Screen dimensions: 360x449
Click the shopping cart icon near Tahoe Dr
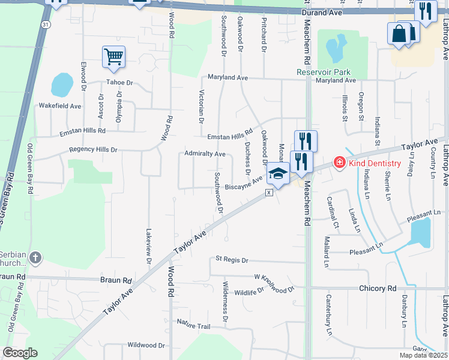coord(113,57)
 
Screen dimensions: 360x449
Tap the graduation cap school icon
coord(278,174)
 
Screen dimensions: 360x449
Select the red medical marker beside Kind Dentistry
coord(339,163)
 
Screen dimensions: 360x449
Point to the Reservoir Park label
coord(323,72)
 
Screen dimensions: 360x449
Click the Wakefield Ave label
coord(60,106)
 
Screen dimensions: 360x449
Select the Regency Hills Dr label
coord(93,149)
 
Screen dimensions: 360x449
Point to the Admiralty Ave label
coord(205,154)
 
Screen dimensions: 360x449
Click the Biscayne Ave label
coord(243,187)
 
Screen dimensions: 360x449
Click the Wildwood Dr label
coord(146,345)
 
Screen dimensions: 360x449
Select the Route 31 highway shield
coord(46,24)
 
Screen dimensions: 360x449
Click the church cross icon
coord(35,259)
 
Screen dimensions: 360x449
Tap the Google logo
coord(20,353)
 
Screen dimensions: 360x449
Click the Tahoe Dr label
coord(119,82)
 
